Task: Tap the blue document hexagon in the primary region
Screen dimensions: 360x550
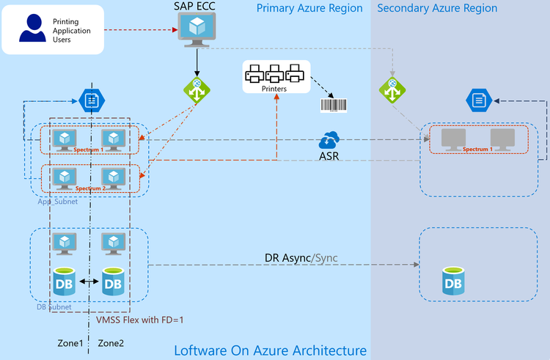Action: [92, 100]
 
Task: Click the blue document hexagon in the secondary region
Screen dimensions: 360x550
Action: [479, 99]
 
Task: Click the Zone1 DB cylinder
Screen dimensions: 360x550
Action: [65, 282]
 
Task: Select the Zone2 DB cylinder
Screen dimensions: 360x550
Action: [111, 282]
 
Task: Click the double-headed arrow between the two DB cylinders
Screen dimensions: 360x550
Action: [88, 282]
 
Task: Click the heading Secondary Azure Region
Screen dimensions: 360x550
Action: [437, 8]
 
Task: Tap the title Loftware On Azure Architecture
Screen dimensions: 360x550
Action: [270, 350]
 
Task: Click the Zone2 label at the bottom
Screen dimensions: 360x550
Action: [111, 342]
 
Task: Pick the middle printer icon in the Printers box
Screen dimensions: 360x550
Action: [274, 73]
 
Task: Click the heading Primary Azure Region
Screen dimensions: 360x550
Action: [309, 8]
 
